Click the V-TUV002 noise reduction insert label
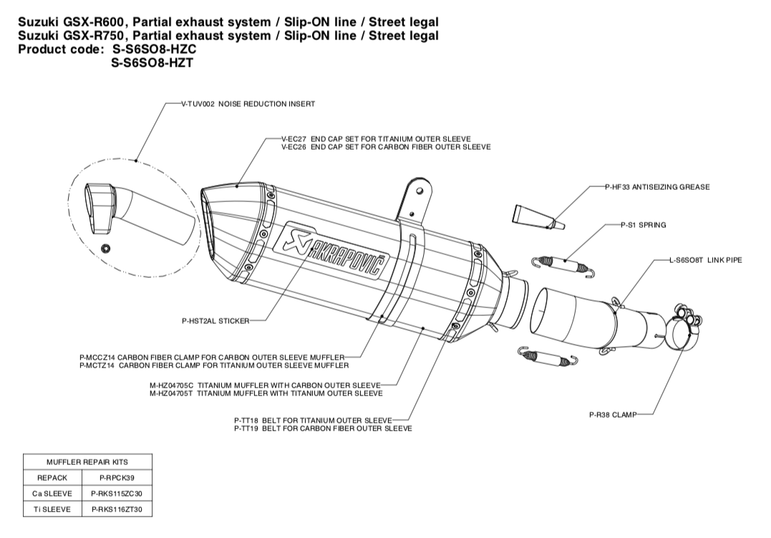[x=248, y=104]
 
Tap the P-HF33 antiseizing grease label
[x=656, y=187]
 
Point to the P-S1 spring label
[x=643, y=225]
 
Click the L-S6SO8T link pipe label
[x=704, y=260]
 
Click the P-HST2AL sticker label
[x=215, y=321]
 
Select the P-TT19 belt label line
[x=322, y=428]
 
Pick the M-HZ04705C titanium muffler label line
[x=266, y=385]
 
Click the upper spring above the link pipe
[x=565, y=264]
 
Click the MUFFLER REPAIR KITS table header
[x=87, y=462]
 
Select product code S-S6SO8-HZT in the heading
[x=152, y=62]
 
